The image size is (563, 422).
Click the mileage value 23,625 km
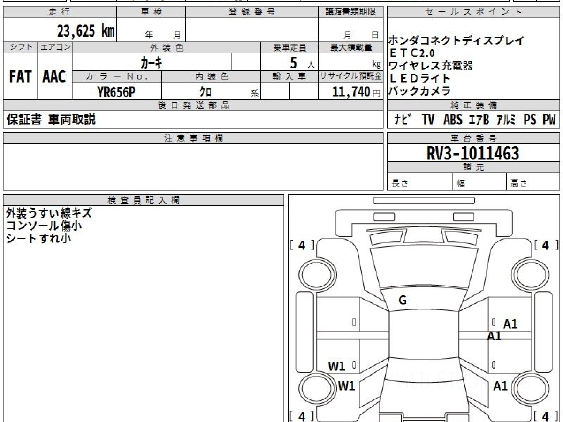click(86, 31)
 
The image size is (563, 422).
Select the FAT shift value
click(20, 76)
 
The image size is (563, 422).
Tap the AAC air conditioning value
click(54, 76)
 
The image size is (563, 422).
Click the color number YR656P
click(116, 92)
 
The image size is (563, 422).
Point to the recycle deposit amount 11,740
click(351, 92)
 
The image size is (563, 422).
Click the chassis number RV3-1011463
click(473, 153)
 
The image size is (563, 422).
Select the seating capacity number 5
click(294, 62)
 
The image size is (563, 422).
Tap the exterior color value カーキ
click(152, 62)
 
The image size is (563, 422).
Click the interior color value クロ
click(205, 92)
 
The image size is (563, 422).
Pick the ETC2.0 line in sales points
click(412, 53)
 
